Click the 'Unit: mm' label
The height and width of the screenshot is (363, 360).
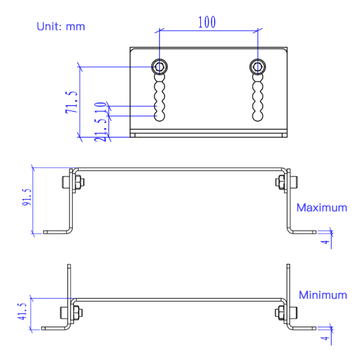pos(61,27)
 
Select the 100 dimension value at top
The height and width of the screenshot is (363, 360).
pos(207,21)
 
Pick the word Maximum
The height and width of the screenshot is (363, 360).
pos(321,208)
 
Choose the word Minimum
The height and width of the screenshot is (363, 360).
pos(322,295)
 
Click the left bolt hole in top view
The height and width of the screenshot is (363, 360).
pos(159,66)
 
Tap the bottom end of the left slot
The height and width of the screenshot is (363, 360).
pos(159,116)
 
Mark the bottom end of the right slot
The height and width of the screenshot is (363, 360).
pos(258,116)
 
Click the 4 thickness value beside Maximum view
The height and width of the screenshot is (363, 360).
pos(325,241)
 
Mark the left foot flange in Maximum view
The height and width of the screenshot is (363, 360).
pos(56,232)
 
